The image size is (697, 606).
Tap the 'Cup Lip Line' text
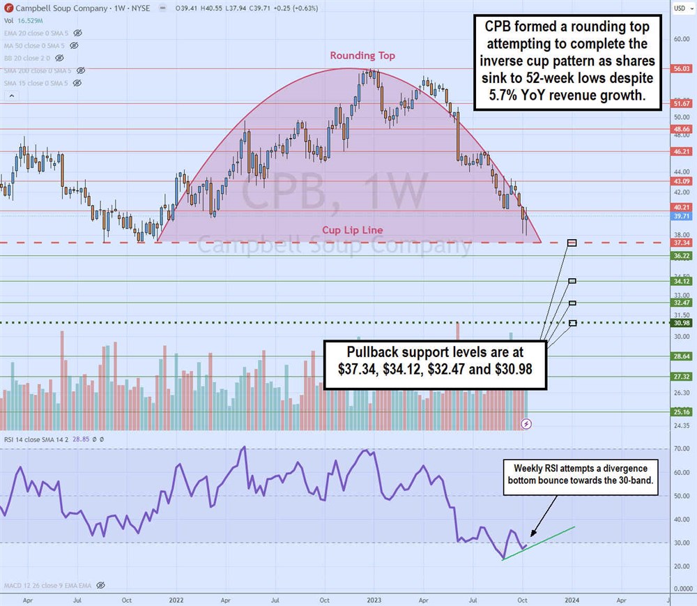point(352,230)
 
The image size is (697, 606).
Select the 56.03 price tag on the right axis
point(682,69)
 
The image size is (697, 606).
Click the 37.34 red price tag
point(682,243)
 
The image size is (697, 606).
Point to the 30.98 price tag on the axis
point(682,323)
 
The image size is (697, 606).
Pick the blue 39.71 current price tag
point(682,217)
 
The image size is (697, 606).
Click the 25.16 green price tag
point(682,411)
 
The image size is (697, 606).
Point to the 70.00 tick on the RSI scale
point(682,450)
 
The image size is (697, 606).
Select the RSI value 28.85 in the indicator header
point(79,439)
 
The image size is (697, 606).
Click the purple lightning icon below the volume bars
point(528,423)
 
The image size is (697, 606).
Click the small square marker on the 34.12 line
point(572,281)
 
